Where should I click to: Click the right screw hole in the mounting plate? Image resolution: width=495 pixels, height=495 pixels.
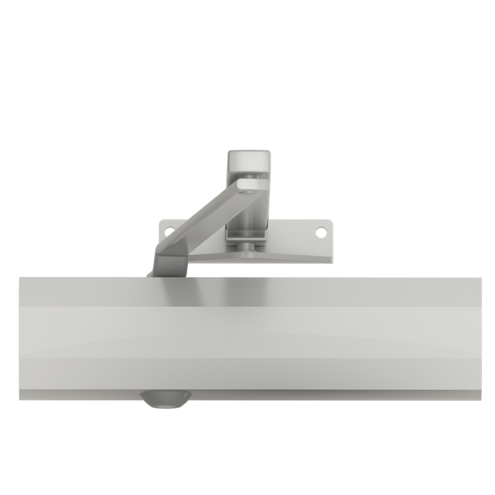[x=321, y=232]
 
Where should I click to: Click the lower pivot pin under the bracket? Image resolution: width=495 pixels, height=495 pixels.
[x=247, y=248]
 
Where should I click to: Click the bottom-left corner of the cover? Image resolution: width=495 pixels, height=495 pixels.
[x=20, y=396]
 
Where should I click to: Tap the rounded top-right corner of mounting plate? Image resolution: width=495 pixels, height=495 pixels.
[x=329, y=222]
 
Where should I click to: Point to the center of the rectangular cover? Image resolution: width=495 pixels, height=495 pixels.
[x=251, y=334]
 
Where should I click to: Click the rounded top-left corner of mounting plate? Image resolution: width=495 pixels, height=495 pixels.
[x=162, y=222]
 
